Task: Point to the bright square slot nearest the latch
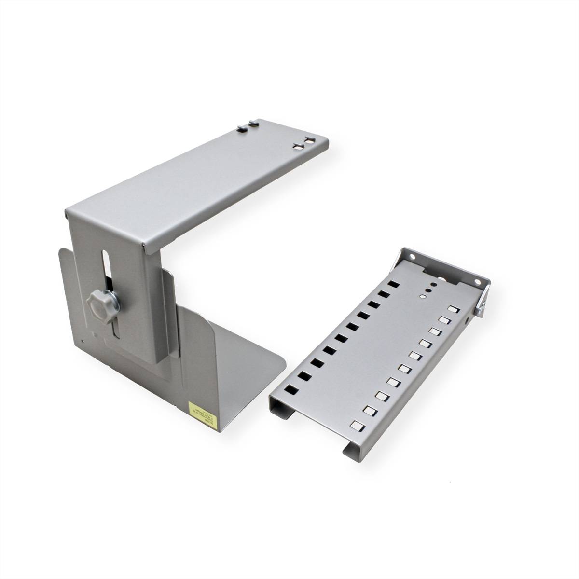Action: (452, 309)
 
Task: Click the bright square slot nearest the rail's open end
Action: (358, 426)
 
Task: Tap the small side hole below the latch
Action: (467, 319)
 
